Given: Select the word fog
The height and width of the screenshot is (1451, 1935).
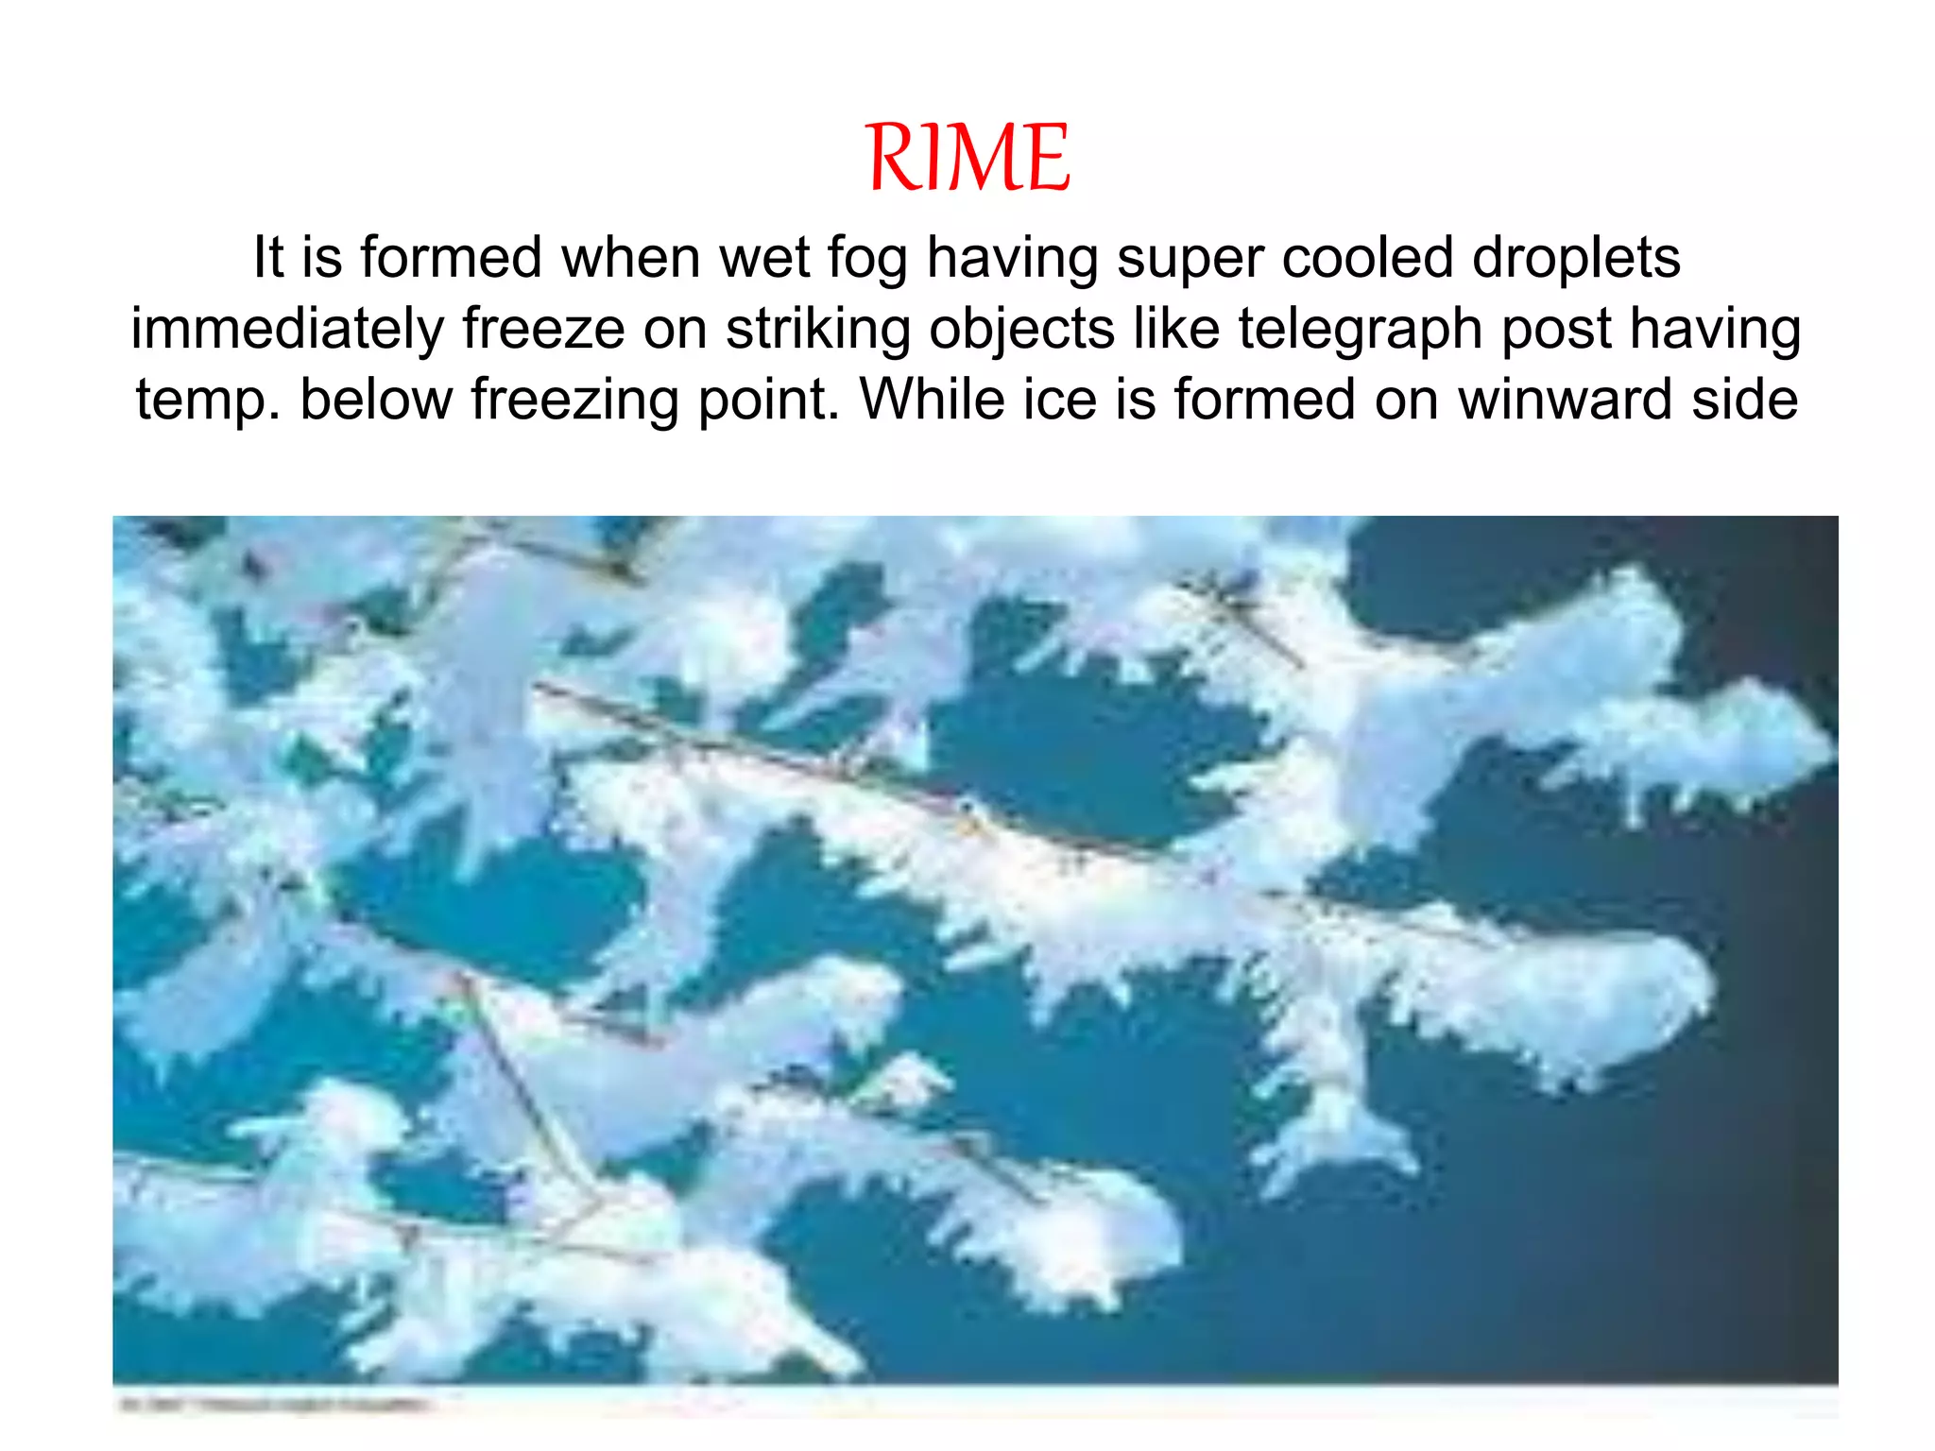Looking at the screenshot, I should click(x=867, y=259).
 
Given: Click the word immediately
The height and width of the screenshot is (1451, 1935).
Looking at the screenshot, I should click(x=287, y=330).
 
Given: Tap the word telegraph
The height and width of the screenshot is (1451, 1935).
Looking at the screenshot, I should click(x=1361, y=330).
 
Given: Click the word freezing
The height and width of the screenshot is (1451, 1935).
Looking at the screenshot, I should click(x=575, y=401).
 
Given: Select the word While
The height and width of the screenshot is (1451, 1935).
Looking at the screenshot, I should click(x=933, y=399).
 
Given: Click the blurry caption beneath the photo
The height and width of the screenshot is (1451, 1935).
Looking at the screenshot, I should click(x=274, y=1405).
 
